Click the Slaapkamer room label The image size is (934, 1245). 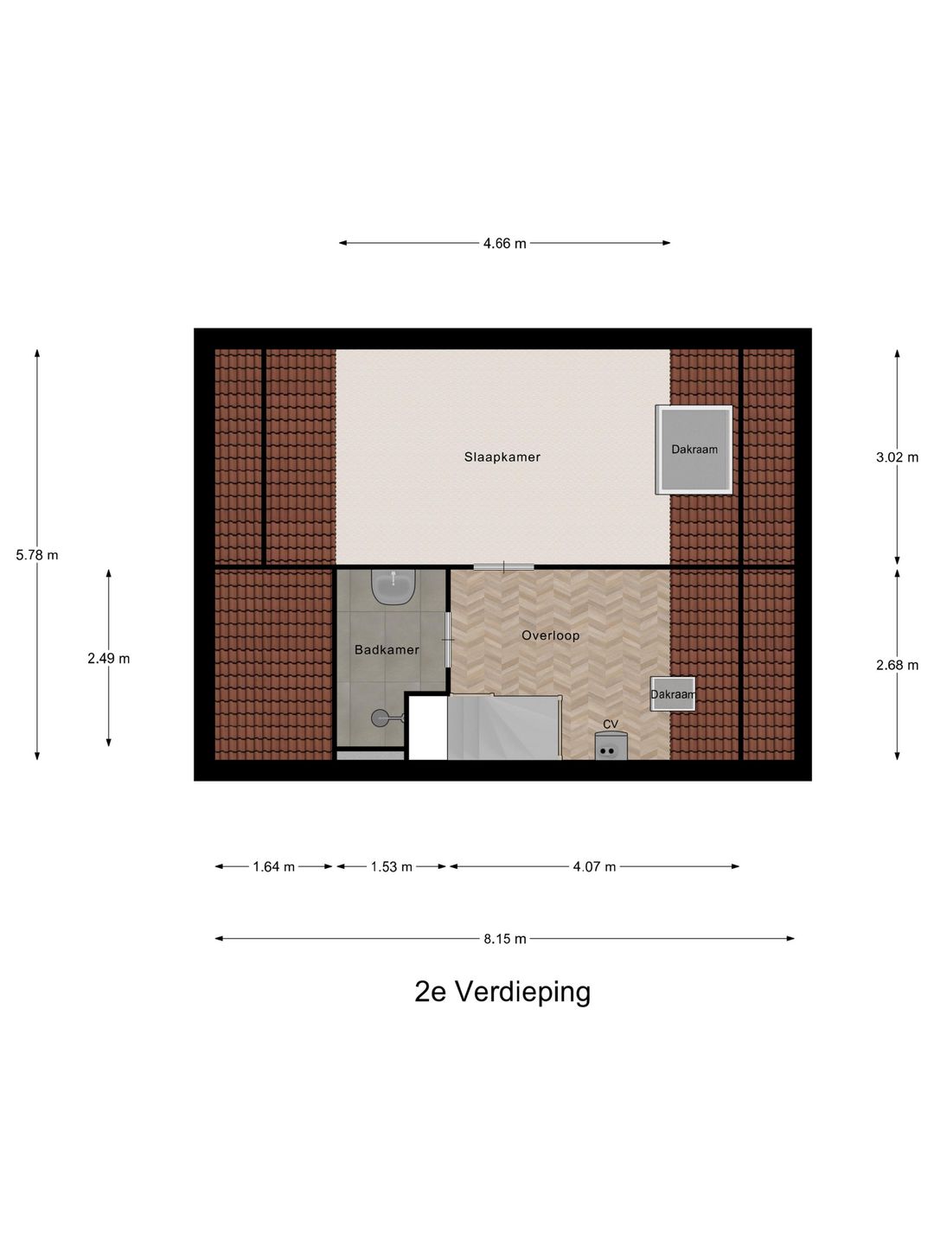point(502,457)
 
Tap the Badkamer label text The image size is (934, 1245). point(387,650)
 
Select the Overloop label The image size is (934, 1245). point(550,635)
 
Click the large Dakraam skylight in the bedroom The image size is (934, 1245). point(694,450)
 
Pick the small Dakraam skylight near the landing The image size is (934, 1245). point(673,694)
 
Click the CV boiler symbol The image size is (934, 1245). point(610,746)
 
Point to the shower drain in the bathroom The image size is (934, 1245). point(380,717)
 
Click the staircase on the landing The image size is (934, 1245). point(503,727)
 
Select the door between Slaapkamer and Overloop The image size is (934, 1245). point(503,566)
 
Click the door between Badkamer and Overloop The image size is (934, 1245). point(448,639)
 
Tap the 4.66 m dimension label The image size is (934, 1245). point(504,244)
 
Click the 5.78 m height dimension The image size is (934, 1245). point(37,555)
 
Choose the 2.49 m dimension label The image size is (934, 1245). point(109,659)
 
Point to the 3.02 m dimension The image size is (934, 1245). point(897,457)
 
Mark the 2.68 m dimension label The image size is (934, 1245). point(897,665)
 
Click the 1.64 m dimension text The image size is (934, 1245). point(273,867)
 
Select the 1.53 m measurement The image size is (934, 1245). point(391,867)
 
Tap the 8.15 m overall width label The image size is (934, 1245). point(504,939)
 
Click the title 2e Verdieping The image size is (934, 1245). point(502,992)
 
